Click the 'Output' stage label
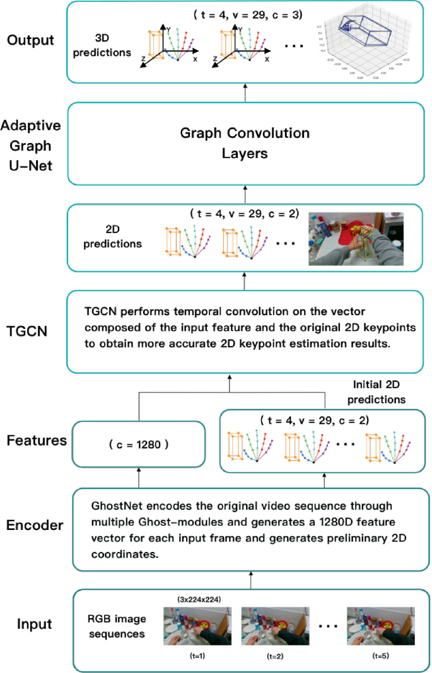point(31,40)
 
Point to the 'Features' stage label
point(37,440)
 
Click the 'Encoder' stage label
point(35,524)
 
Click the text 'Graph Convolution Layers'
point(245,143)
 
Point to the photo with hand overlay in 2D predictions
point(355,238)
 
